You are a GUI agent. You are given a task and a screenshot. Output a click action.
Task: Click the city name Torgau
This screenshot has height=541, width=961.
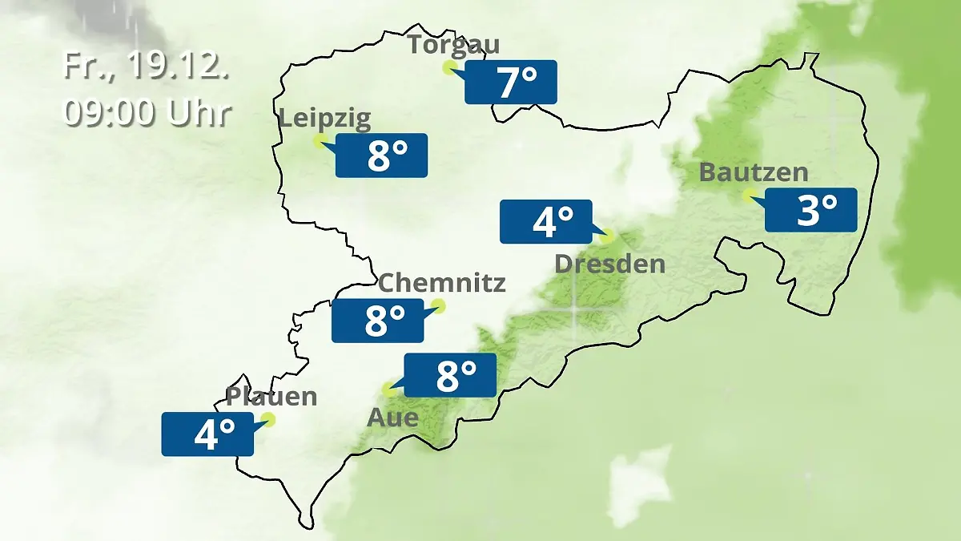453,44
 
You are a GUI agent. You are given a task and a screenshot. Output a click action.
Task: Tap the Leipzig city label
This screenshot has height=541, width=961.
324,119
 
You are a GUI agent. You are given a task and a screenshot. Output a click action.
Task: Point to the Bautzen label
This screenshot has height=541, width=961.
753,172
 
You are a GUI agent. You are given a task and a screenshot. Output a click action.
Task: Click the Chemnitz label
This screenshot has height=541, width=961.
441,282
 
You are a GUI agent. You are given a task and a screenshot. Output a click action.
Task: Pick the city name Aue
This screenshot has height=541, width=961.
392,418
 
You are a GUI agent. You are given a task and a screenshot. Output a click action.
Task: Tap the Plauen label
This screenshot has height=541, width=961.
271,396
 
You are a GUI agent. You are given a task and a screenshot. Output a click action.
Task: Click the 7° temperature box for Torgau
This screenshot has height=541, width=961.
511,83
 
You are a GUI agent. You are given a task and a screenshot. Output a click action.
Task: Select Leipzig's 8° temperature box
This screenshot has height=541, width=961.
381,155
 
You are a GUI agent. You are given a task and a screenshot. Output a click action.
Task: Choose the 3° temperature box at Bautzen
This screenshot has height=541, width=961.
811,210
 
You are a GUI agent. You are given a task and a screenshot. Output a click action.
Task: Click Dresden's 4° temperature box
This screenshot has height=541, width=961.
546,221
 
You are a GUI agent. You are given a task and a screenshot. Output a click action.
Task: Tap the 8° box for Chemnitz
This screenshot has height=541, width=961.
378,321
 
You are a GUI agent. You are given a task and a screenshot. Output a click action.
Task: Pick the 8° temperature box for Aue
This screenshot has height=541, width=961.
450,375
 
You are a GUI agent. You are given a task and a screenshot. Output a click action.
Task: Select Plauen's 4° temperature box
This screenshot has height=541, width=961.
207,434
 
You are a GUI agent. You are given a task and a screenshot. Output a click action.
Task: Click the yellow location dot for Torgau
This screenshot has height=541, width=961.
448,67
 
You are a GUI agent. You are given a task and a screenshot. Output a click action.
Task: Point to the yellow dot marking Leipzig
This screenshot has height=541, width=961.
319,141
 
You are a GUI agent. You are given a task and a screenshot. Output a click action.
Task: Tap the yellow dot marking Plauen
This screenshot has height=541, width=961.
268,419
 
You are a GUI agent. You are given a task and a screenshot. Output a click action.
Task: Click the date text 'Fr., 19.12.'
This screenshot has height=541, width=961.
147,67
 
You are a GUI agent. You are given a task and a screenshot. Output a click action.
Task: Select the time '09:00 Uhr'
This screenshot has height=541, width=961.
147,112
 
